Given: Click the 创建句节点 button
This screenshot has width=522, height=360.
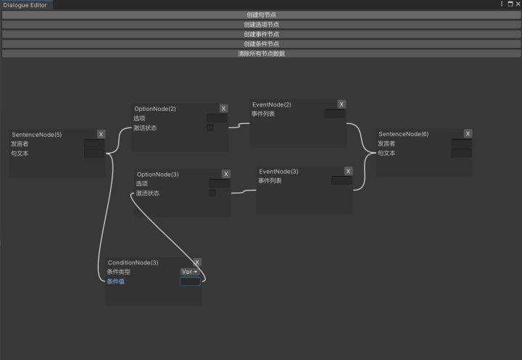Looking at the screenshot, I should pyautogui.click(x=260, y=14).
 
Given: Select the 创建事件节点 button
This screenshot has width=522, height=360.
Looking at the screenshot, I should pyautogui.click(x=260, y=34).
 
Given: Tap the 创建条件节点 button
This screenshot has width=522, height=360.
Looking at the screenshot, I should pyautogui.click(x=260, y=43).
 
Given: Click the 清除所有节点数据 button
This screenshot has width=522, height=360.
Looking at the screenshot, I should pyautogui.click(x=260, y=54).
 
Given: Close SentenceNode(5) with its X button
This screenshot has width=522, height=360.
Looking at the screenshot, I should pyautogui.click(x=101, y=134).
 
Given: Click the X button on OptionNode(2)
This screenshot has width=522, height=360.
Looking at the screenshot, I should pyautogui.click(x=223, y=109).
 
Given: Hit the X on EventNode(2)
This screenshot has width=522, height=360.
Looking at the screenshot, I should pyautogui.click(x=341, y=104).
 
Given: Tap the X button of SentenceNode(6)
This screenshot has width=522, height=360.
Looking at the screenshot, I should pyautogui.click(x=468, y=134).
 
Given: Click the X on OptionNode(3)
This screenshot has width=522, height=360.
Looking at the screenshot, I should pyautogui.click(x=225, y=174).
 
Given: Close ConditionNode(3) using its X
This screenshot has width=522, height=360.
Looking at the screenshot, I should pyautogui.click(x=197, y=262).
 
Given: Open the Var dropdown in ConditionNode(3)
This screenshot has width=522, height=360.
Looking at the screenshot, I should pyautogui.click(x=189, y=272).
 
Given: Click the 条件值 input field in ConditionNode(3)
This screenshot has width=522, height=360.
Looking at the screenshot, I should pyautogui.click(x=190, y=281).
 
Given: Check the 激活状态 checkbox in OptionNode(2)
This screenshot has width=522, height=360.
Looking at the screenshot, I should pyautogui.click(x=210, y=128).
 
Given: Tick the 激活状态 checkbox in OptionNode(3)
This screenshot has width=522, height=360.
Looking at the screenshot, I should pyautogui.click(x=212, y=193).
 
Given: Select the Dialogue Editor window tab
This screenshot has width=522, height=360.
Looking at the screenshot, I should pyautogui.click(x=25, y=4).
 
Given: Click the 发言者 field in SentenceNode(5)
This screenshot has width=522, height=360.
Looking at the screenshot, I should pyautogui.click(x=94, y=144).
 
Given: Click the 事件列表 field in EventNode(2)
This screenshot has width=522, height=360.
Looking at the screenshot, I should pyautogui.click(x=335, y=114).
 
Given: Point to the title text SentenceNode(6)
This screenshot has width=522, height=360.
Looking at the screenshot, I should pyautogui.click(x=403, y=134).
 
